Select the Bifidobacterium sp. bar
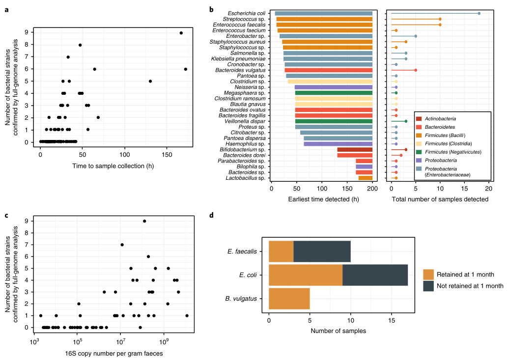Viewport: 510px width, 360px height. tap(355, 149)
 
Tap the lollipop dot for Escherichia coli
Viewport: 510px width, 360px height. tap(479, 13)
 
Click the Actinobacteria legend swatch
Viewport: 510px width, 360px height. tap(419, 118)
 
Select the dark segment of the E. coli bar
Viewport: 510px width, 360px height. tap(375, 275)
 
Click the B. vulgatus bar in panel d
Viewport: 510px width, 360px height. tap(289, 299)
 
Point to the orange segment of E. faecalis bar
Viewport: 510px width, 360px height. tap(281, 252)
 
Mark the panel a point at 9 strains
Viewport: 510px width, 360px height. tap(181, 33)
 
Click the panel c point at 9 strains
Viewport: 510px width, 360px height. tap(144, 221)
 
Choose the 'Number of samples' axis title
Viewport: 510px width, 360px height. tap(338, 331)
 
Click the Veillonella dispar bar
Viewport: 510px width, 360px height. tap(334, 121)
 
